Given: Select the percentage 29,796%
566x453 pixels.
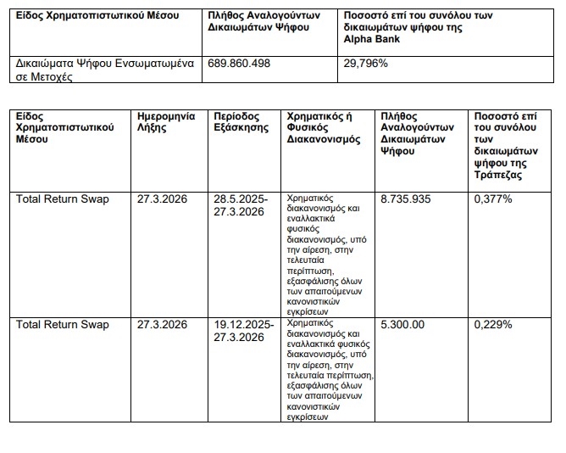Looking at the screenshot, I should click(x=365, y=64).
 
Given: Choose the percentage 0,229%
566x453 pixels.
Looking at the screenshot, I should click(x=494, y=324).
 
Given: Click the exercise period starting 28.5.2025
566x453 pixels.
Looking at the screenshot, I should click(x=241, y=205).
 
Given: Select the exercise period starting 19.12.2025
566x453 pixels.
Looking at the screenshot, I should click(x=243, y=330).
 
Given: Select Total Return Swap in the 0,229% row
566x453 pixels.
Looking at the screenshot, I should click(x=63, y=324).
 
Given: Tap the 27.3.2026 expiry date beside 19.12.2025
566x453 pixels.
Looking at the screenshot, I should click(x=163, y=324).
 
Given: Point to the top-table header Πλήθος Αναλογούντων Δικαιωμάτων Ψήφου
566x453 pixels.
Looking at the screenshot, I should click(x=258, y=21).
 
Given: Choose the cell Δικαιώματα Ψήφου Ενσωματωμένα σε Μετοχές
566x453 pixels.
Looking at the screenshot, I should click(x=101, y=70).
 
